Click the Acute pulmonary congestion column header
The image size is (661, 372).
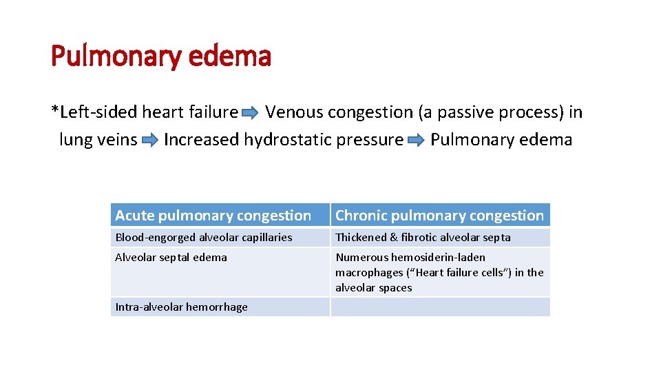coord(213,216)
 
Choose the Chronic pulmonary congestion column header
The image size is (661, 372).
coord(439,216)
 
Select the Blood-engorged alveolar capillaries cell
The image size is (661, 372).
coord(204,238)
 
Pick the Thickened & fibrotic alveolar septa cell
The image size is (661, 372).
coord(423,238)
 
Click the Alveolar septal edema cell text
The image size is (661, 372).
coord(171,258)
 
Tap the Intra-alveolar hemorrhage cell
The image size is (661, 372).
coord(181,307)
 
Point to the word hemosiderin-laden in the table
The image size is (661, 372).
coord(438,258)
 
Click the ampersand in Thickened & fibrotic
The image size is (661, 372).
coord(394,238)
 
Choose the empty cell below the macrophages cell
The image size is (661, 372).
coord(440,307)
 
